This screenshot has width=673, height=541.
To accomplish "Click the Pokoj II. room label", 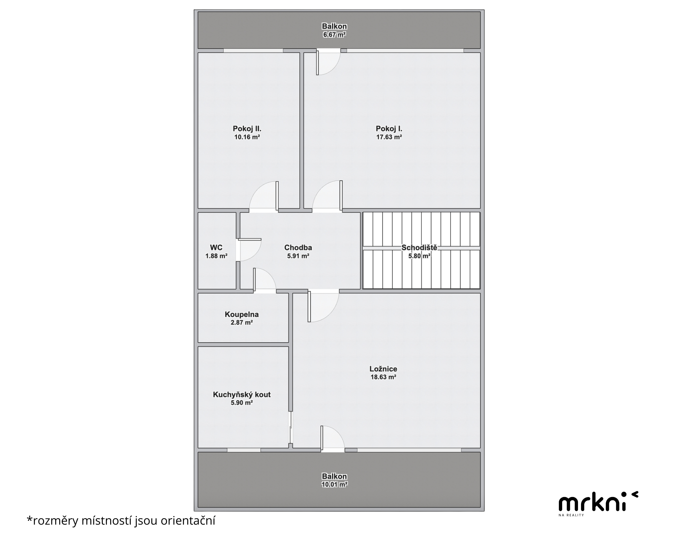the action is click(247, 129).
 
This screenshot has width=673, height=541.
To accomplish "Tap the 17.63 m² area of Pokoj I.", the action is click(389, 137).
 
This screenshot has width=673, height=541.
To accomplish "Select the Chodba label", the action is click(298, 248).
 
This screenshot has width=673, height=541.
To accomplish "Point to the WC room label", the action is click(216, 248).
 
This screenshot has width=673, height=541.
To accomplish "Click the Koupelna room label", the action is click(242, 314).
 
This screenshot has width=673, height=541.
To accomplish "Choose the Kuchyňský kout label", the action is click(242, 395).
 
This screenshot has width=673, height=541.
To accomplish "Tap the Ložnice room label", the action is click(383, 369).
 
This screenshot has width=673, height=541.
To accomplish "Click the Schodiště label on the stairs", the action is click(419, 248).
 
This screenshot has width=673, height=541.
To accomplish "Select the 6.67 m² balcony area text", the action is click(334, 35).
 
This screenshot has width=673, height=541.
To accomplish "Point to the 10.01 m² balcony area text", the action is click(334, 484).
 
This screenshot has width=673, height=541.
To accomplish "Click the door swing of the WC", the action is click(249, 250).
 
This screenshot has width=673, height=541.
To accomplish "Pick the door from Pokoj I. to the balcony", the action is click(328, 63).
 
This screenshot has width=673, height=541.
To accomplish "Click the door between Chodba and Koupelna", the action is click(264, 281).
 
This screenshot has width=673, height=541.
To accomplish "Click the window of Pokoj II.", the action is click(253, 51).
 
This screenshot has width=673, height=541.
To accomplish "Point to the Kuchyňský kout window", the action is click(244, 450).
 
